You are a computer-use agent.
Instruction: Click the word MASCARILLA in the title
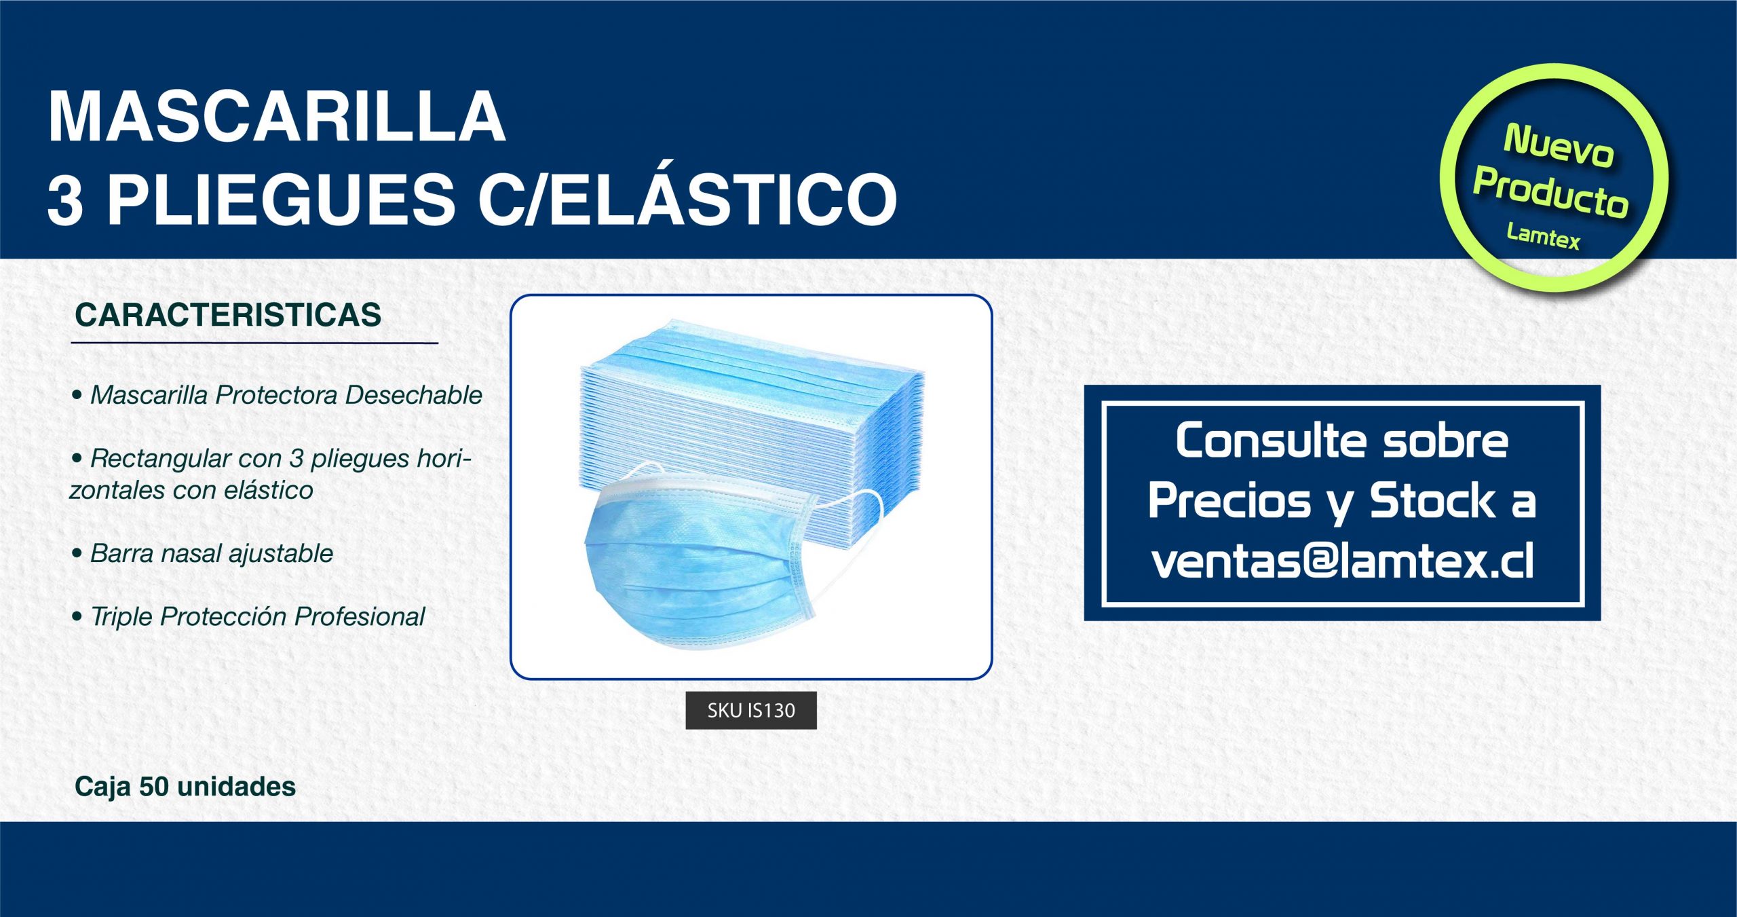[277, 117]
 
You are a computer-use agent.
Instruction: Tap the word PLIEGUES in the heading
[282, 199]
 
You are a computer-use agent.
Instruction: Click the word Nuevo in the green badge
[1558, 145]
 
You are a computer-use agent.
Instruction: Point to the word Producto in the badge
[1551, 193]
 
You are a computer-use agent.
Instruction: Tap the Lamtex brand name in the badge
[1543, 236]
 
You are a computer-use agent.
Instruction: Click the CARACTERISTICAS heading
[228, 315]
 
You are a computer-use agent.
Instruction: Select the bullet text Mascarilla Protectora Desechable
[286, 395]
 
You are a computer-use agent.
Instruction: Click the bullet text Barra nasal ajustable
[212, 553]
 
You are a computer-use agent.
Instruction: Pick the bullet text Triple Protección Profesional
[258, 616]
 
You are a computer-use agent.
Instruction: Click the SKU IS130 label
[751, 711]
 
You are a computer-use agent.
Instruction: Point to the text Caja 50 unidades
[185, 787]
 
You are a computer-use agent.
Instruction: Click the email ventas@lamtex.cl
[1342, 561]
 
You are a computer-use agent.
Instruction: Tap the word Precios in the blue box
[1229, 502]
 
